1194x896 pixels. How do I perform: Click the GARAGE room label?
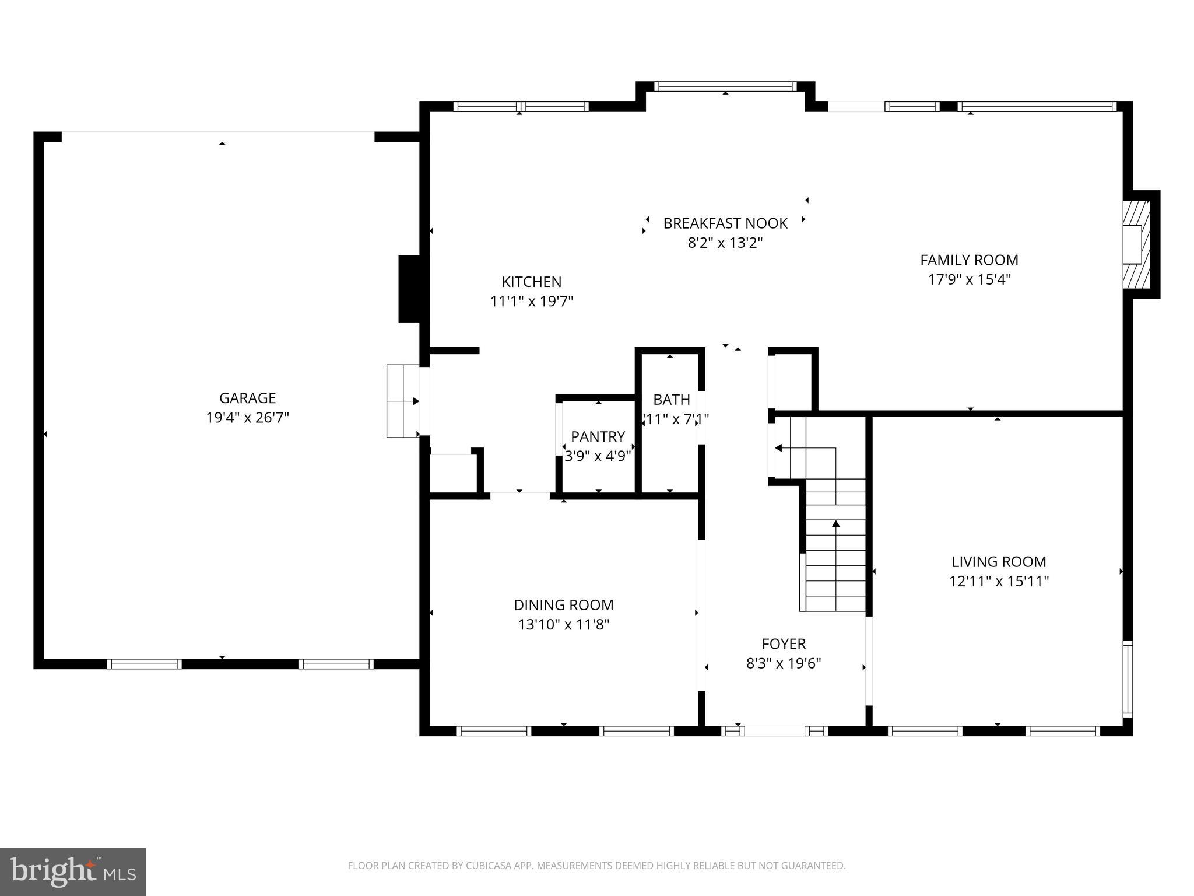coord(247,398)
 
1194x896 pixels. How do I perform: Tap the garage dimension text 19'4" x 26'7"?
coord(247,418)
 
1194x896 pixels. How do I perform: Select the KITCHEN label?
coord(531,282)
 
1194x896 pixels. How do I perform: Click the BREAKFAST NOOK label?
coord(725,223)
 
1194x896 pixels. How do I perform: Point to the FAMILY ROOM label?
coord(969,260)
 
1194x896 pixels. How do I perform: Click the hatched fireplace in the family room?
coord(1136,244)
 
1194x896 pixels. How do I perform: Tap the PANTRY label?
coord(598,436)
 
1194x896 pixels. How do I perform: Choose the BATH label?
coord(671,400)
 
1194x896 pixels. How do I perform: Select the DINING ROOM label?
coord(563,605)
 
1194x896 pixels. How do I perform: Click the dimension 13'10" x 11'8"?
coord(563,625)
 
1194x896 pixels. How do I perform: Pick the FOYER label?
coord(784,644)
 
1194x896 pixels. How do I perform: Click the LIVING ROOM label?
coord(999,562)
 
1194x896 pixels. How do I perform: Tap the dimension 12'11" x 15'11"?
coord(999,582)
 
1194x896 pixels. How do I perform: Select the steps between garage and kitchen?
coord(403,401)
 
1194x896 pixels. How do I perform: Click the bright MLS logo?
coord(73,871)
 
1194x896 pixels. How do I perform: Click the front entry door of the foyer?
coord(775,731)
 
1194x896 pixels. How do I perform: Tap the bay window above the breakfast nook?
coord(725,86)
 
